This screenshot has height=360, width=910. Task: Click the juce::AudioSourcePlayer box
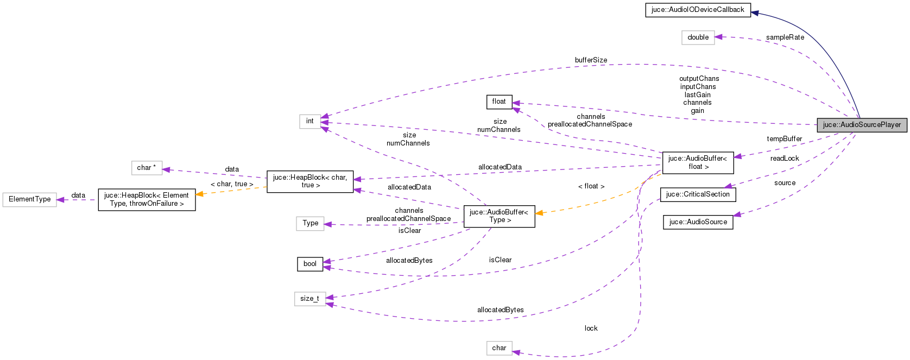(862, 125)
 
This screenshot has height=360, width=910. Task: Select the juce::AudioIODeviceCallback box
(698, 10)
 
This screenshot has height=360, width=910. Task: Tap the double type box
(698, 37)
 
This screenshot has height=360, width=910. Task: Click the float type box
(498, 102)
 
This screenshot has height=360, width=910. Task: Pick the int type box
(309, 121)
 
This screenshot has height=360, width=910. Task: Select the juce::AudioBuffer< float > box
(697, 162)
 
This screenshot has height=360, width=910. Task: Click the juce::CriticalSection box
(698, 194)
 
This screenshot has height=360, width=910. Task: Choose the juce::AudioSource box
(698, 222)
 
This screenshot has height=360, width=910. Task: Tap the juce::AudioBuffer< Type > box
(498, 216)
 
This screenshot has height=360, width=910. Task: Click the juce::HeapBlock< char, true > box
(309, 181)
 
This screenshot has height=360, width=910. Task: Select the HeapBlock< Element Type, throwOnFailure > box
(147, 199)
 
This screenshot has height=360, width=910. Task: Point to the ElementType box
(29, 199)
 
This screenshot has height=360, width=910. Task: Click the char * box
(147, 168)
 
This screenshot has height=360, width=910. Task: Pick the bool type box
(309, 264)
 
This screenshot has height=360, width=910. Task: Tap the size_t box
(309, 299)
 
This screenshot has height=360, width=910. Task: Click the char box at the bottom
(498, 348)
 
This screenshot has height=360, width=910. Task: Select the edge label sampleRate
(785, 37)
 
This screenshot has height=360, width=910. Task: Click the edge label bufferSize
(591, 60)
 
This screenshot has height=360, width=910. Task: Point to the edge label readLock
(784, 159)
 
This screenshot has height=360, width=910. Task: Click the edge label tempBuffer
(784, 139)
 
